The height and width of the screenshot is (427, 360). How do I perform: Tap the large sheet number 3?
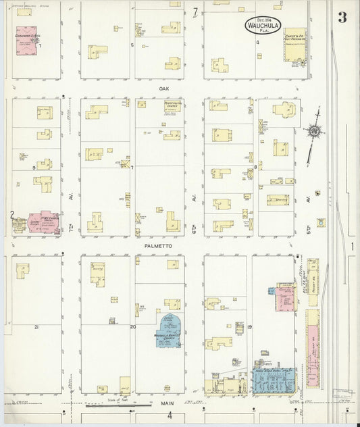[342, 18]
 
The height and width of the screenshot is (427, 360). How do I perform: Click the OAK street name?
[163, 89]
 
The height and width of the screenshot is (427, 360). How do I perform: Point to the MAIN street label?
[167, 403]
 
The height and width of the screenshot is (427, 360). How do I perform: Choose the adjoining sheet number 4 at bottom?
[170, 415]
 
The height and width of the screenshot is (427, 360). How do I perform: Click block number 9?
[33, 167]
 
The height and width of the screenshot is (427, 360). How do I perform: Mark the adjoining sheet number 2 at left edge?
[11, 216]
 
